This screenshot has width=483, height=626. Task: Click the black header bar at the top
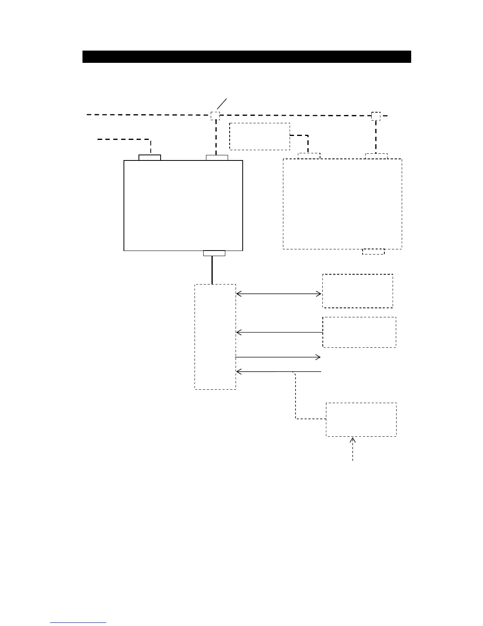coord(247,57)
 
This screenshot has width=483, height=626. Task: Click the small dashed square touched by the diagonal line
coord(215,115)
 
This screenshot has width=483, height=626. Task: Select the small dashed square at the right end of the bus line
coord(376,116)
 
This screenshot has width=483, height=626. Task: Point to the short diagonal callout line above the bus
coord(223,104)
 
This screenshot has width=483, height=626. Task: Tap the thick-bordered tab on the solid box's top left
coord(150,157)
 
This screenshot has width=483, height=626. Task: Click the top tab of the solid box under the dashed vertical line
coord(217,158)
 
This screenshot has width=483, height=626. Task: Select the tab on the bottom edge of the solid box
coord(214,253)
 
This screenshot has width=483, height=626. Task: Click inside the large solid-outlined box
coord(183,205)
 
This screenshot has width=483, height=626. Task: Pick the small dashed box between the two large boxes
coord(260,136)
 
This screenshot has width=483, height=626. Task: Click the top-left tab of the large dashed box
coord(309,156)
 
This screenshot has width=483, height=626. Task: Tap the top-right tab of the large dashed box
coord(376,156)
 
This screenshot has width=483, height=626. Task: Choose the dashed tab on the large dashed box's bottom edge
coord(373,251)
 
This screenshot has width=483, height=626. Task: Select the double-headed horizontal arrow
coord(279,294)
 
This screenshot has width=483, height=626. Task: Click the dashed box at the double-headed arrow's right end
coord(358,290)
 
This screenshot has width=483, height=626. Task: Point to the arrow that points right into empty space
coord(278,357)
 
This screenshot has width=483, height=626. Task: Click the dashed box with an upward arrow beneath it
coord(361,419)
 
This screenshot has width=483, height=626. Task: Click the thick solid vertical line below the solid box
coord(212,270)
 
